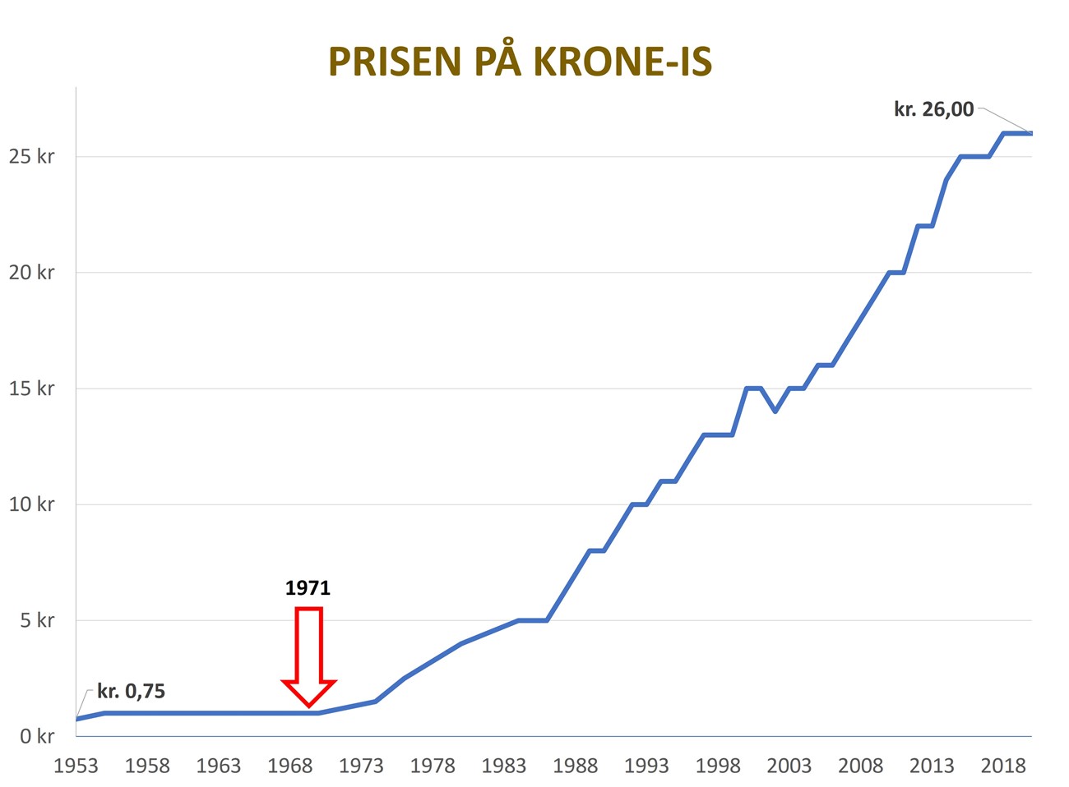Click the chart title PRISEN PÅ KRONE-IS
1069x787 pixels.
[520, 62]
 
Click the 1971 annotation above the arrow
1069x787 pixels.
[308, 588]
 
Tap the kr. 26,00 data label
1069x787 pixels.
[933, 109]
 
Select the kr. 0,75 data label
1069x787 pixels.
[131, 692]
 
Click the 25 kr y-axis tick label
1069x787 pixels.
[31, 156]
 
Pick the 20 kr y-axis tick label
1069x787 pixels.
[31, 272]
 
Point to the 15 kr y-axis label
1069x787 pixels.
[31, 388]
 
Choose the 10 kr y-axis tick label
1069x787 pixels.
[31, 504]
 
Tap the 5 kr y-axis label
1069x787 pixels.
[37, 620]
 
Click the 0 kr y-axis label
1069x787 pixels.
[37, 736]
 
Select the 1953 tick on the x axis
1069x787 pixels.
[76, 766]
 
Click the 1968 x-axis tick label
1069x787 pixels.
[289, 766]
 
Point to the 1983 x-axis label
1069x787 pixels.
[503, 766]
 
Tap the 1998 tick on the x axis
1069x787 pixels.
[718, 766]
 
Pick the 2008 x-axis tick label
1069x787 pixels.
[860, 766]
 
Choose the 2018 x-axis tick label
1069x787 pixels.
[1002, 766]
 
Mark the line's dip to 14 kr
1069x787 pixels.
[775, 411]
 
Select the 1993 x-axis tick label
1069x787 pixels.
[646, 766]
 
